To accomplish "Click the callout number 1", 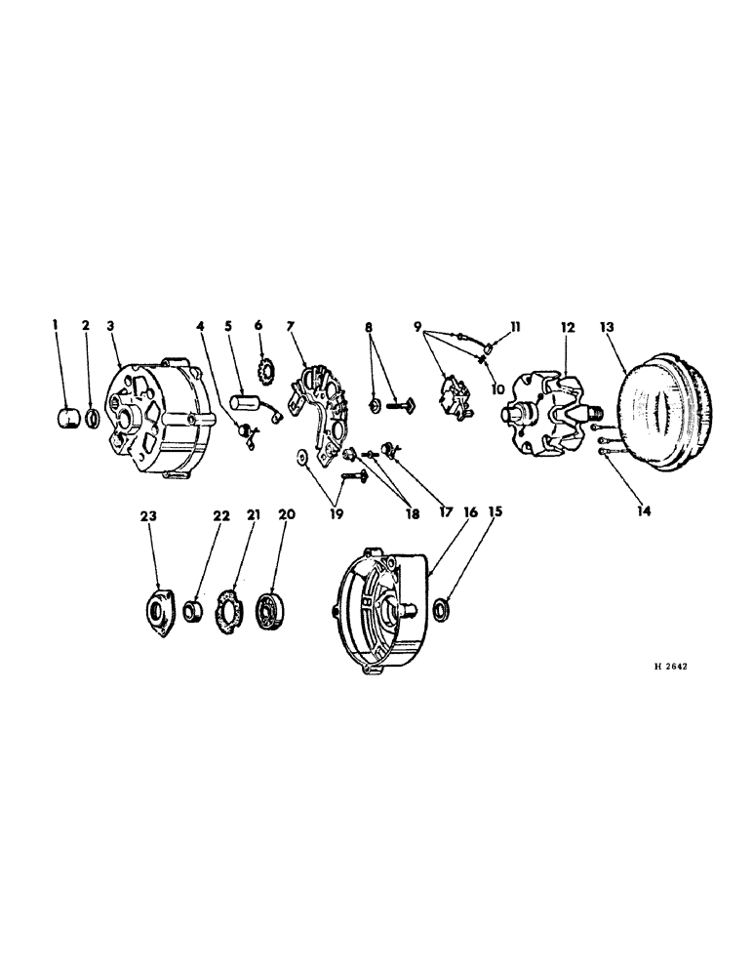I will click(x=58, y=324).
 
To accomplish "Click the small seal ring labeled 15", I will click(x=444, y=611).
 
